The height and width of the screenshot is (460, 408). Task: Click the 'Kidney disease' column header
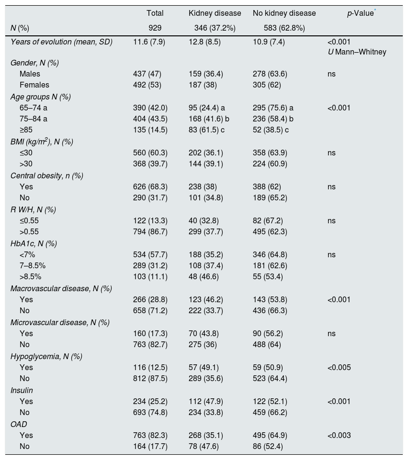(x=215, y=13)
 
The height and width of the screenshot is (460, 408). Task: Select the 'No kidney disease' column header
(x=284, y=13)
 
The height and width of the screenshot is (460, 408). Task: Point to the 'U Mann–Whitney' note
(x=357, y=52)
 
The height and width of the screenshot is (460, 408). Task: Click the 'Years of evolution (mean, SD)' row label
(x=61, y=42)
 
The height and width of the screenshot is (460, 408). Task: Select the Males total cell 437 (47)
(x=147, y=74)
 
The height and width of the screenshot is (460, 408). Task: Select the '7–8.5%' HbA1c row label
(x=33, y=266)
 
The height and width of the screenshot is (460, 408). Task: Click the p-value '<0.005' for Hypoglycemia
(x=339, y=368)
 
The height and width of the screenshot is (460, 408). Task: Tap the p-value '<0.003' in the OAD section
(x=339, y=436)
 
